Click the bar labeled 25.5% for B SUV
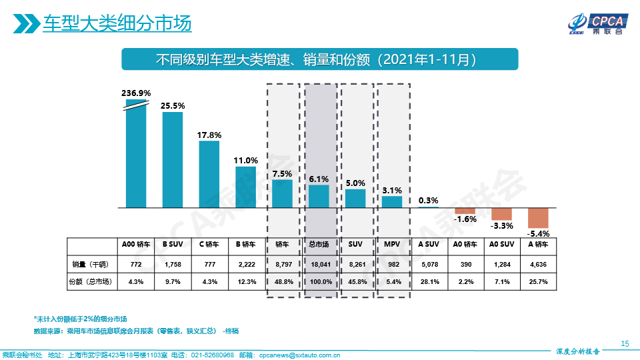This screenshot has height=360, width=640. [x=173, y=160]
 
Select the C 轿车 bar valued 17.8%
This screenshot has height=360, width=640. [x=209, y=174]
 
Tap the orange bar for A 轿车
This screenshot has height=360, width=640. [x=537, y=218]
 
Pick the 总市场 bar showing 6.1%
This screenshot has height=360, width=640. [x=319, y=196]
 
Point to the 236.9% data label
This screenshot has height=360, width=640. [x=136, y=93]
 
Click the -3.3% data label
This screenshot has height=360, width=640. [x=501, y=226]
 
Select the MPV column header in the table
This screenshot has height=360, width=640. [x=392, y=245]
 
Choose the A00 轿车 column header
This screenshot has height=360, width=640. [x=136, y=245]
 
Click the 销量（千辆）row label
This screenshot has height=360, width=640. [x=91, y=264]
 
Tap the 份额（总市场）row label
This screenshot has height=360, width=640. [x=91, y=282]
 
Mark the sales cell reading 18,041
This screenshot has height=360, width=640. [x=319, y=264]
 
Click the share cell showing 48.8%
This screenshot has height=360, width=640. [x=283, y=282]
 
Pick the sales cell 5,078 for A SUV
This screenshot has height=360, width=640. [x=429, y=264]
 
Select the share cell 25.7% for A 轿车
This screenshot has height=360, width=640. [x=537, y=282]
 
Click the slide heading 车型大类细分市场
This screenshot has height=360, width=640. [x=117, y=25]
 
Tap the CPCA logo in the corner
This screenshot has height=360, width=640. [x=595, y=23]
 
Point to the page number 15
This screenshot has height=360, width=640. [x=625, y=343]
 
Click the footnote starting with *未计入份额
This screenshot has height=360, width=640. [x=80, y=318]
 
